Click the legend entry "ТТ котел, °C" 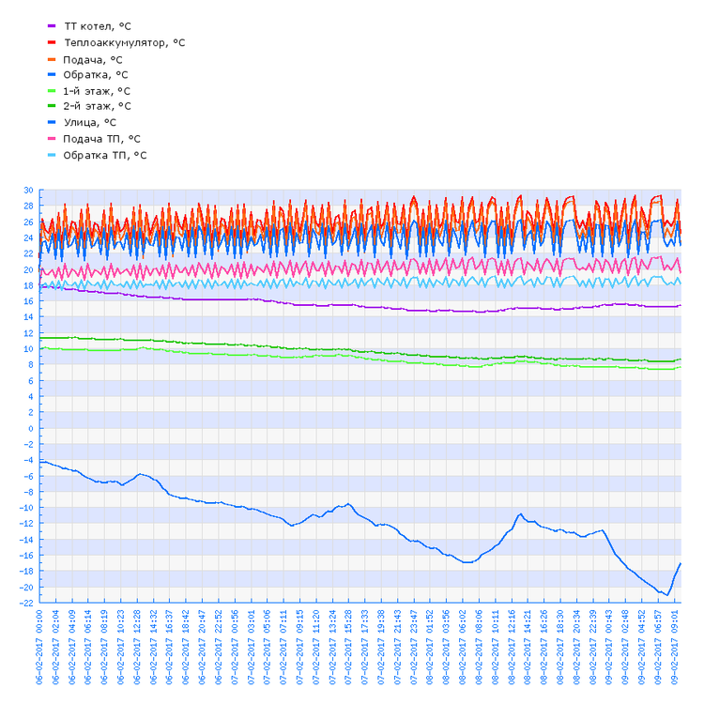tap(102, 26)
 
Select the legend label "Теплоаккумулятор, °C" tap(124, 42)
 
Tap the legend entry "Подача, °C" tap(93, 59)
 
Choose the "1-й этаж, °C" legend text tap(97, 91)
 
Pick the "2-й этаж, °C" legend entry tap(97, 107)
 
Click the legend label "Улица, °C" tap(90, 122)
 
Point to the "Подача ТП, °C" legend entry tap(101, 139)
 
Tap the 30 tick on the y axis tap(27, 191)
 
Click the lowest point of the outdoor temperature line tap(666, 595)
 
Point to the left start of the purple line tap(39, 286)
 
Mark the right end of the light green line tap(681, 367)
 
